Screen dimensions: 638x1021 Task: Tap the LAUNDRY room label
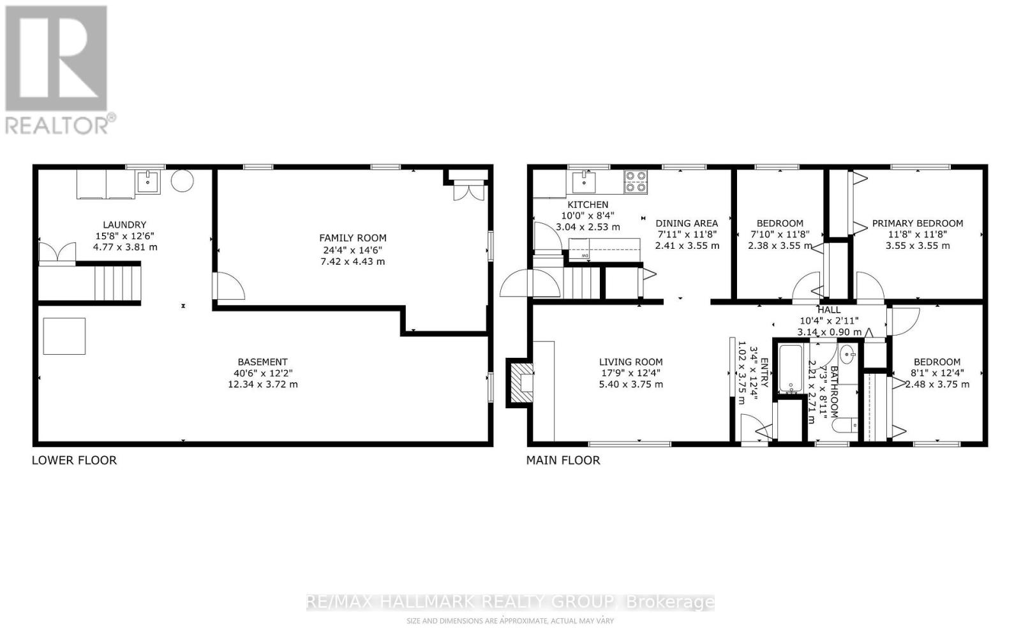(x=124, y=225)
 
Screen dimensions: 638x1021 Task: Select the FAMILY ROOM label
(x=353, y=238)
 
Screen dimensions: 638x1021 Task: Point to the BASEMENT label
(x=262, y=362)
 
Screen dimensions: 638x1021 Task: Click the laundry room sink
(x=148, y=182)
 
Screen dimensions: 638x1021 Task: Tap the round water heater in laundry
(x=182, y=181)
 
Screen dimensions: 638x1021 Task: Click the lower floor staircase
(x=117, y=283)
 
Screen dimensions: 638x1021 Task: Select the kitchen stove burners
(x=635, y=181)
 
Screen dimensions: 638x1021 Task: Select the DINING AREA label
(x=687, y=223)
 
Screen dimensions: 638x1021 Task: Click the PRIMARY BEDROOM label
(x=917, y=223)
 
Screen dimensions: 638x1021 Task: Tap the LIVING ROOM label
(x=630, y=362)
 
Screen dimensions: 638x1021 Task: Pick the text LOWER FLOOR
(x=74, y=460)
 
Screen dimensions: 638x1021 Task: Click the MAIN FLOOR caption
(x=563, y=460)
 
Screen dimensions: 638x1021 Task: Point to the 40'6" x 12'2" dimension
(x=262, y=373)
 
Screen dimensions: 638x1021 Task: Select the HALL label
(x=829, y=309)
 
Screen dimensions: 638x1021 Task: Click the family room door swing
(x=228, y=286)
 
